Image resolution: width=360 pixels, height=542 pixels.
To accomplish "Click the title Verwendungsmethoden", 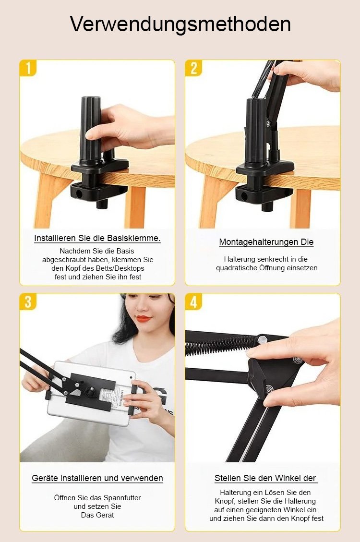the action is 180,24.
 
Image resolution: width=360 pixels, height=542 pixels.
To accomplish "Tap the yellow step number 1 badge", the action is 28,68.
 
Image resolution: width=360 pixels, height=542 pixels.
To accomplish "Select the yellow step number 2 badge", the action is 193,68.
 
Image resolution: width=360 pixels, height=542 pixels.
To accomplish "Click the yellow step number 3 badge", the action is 28,301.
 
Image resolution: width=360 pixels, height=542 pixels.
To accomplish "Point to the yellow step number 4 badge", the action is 193,301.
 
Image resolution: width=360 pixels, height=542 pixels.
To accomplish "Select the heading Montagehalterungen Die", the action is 266,242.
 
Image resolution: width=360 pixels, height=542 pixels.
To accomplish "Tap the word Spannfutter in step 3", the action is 122,498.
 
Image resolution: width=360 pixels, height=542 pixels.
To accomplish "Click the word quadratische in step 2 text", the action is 237,268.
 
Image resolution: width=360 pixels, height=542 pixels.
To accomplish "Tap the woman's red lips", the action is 144,318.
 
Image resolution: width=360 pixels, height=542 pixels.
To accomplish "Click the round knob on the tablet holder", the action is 91,392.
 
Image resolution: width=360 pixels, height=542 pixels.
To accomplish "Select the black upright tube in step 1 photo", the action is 90,129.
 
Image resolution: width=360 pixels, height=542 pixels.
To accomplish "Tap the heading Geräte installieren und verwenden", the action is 97,478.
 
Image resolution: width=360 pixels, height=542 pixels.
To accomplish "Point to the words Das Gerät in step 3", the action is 97,515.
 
